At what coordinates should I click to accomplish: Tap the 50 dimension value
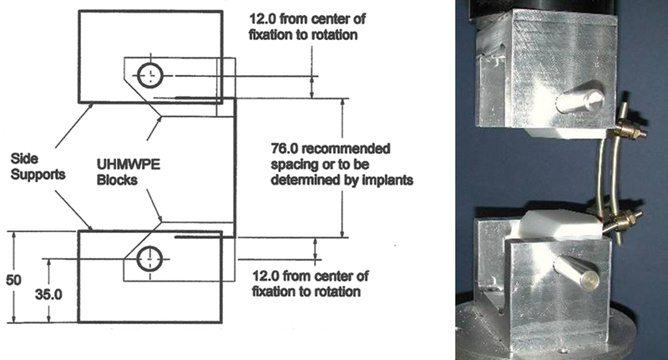coord(13,280)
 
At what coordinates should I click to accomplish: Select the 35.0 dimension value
coord(48,294)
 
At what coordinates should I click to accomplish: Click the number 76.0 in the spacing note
coord(285,149)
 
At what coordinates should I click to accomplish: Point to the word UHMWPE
coord(129,165)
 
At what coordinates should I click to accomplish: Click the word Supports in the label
coord(38,175)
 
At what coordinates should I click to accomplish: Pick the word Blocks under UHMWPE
coord(117,180)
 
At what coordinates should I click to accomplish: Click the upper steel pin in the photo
coord(579,100)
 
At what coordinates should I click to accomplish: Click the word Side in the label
coord(24,159)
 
